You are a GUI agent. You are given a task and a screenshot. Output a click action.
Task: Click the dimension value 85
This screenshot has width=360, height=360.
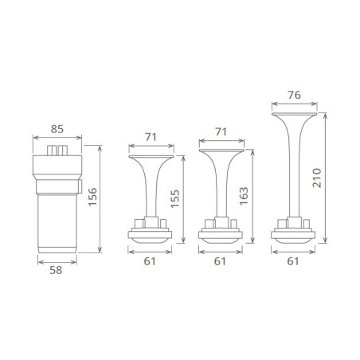57,129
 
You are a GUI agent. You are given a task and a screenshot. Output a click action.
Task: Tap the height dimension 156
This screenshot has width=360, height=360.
92,197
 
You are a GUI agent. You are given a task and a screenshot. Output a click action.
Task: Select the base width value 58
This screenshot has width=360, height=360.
56,270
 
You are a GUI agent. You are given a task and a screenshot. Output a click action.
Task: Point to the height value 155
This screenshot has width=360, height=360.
175,199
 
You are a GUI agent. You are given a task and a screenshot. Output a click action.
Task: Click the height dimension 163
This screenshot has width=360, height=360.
244,196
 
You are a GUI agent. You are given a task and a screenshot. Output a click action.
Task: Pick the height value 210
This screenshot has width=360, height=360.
317,178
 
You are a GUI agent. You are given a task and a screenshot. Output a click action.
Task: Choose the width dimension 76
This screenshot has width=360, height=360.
294,95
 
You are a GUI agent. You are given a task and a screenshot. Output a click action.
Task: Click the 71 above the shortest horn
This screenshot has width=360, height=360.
151,137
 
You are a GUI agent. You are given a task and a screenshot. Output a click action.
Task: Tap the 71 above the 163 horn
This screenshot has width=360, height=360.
221,131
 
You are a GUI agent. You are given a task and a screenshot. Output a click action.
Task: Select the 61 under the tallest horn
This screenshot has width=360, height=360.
293,261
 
